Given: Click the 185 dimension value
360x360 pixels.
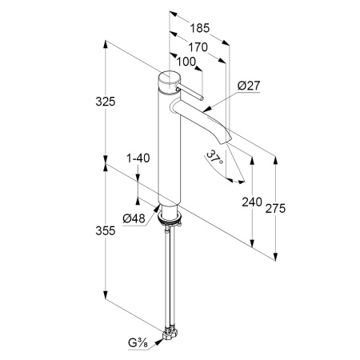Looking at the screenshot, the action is [200, 28].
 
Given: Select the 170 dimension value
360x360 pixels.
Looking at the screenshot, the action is [198, 47].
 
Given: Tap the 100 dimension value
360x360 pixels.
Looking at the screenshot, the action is [186, 62].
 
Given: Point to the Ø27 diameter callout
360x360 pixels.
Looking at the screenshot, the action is [249, 86].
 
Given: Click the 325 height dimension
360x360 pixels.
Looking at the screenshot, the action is [106, 102].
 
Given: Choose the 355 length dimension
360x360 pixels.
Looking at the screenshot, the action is [106, 230].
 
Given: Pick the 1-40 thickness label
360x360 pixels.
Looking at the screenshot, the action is [138, 158].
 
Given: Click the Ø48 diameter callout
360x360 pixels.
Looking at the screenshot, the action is [134, 219].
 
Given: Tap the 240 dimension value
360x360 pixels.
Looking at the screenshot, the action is [252, 202].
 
